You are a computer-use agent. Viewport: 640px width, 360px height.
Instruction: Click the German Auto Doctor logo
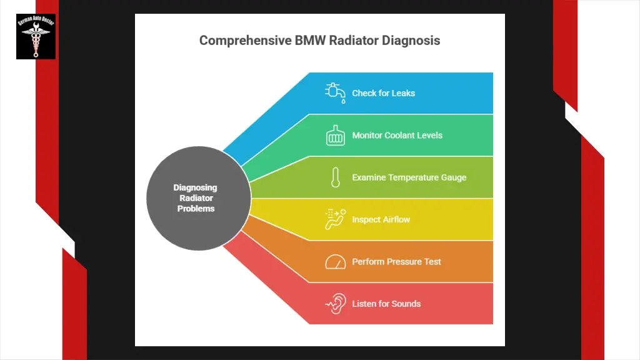click(36, 36)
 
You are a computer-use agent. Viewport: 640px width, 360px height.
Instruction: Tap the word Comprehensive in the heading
click(245, 41)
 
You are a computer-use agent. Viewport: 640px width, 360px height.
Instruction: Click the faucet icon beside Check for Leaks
click(335, 92)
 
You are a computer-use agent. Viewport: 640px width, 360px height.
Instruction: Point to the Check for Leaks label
click(383, 93)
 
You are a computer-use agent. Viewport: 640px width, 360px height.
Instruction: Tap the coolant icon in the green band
click(336, 136)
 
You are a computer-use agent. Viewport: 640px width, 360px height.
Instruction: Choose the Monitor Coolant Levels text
click(397, 135)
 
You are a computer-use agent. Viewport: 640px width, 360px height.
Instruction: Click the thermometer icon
click(336, 177)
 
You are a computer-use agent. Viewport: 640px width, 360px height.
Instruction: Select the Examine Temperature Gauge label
click(409, 177)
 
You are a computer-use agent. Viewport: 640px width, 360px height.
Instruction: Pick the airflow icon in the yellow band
click(335, 219)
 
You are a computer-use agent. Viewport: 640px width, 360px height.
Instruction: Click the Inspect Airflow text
click(381, 220)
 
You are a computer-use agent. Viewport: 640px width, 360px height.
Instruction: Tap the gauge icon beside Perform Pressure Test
click(336, 262)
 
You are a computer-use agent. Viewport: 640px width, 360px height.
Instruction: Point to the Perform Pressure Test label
click(396, 262)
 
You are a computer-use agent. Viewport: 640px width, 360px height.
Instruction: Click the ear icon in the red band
click(335, 304)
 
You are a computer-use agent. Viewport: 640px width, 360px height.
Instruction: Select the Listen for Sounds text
click(386, 304)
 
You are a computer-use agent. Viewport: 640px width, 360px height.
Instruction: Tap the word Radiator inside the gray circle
click(196, 198)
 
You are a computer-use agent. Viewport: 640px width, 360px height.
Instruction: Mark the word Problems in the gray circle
click(196, 209)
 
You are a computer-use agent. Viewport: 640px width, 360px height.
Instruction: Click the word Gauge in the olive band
click(453, 177)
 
